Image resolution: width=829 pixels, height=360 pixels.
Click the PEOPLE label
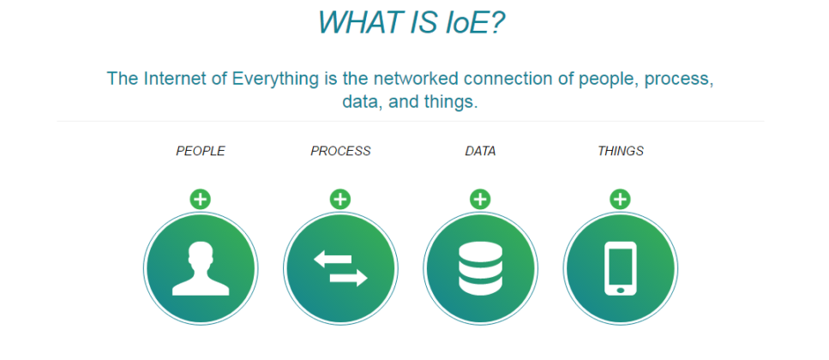(x=201, y=152)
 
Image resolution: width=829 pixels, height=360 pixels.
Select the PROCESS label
(x=340, y=152)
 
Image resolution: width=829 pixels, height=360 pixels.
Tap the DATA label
(x=480, y=152)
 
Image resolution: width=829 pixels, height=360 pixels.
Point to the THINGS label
(x=621, y=152)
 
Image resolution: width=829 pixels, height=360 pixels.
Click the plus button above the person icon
(x=201, y=200)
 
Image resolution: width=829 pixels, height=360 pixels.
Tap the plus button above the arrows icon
(x=340, y=200)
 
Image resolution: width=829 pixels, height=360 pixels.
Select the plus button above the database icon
(x=480, y=200)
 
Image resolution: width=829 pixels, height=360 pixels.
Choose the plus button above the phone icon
(x=621, y=200)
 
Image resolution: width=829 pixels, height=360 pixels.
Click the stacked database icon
(x=480, y=268)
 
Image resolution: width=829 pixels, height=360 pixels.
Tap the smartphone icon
(x=621, y=267)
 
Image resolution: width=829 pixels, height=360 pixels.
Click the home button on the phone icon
(x=621, y=289)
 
